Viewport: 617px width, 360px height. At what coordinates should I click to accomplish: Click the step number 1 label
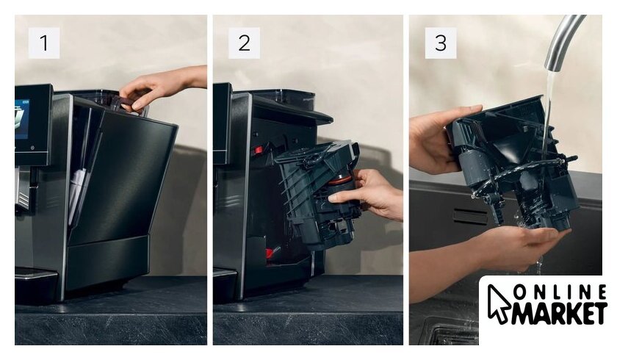(43, 43)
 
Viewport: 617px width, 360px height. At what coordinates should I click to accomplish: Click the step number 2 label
(244, 43)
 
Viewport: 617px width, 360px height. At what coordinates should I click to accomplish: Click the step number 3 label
(441, 43)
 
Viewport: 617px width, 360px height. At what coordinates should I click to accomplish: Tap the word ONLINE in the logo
(560, 292)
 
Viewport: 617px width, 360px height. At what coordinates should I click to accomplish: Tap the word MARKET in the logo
(559, 314)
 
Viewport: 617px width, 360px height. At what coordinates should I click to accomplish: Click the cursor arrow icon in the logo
(499, 303)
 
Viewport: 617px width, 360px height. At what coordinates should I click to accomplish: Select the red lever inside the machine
(258, 151)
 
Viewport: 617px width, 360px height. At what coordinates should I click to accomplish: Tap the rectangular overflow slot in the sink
(470, 217)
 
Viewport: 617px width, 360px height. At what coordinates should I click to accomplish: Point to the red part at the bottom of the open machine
(272, 252)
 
